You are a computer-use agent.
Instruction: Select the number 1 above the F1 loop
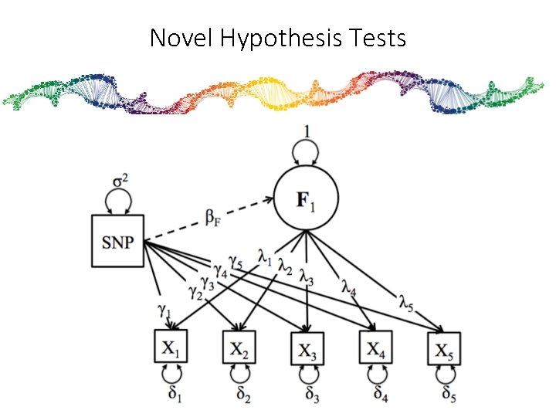(x=307, y=132)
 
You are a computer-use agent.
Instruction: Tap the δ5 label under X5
(x=449, y=394)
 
